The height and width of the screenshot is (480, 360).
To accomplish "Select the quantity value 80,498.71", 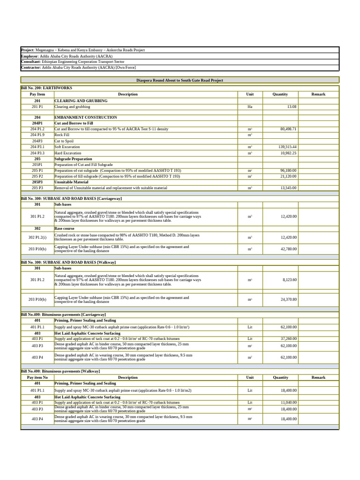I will click(288, 129).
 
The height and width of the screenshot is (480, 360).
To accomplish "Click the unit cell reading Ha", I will click(250, 107).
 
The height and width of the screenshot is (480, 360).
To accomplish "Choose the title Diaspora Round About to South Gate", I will click(180, 80).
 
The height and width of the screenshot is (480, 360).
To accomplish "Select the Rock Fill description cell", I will click(62, 135).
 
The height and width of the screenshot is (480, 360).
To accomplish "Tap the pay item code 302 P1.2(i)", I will click(37, 238).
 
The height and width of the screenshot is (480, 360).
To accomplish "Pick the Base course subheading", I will click(64, 229).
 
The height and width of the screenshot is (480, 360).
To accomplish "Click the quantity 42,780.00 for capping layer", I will click(288, 249).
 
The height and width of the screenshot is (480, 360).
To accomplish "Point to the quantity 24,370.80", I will click(288, 300).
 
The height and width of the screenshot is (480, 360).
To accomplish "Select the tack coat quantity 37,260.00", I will click(288, 338).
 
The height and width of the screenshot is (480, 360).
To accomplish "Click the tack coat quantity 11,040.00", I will click(288, 403).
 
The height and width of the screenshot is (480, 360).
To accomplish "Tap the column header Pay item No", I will click(37, 377).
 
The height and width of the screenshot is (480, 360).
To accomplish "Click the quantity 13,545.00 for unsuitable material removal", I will click(288, 188).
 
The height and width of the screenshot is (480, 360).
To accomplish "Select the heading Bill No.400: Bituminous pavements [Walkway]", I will click(60, 371).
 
